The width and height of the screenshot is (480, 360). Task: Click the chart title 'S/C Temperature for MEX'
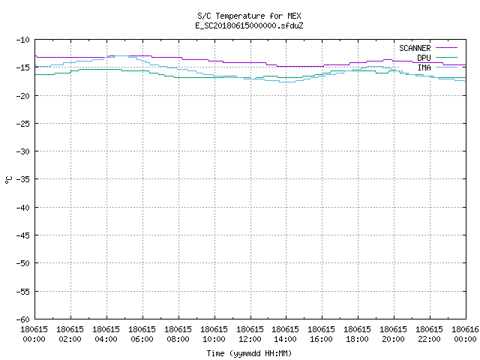tap(249, 16)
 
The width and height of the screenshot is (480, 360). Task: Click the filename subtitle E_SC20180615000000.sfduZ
tap(249, 25)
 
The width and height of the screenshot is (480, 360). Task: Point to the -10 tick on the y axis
tap(23, 40)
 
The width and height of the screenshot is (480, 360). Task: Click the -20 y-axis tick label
tap(23, 96)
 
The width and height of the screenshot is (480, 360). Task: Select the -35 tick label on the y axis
tap(23, 179)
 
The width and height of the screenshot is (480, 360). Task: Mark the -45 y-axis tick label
tap(23, 235)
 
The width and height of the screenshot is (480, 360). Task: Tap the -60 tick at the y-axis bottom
tap(23, 319)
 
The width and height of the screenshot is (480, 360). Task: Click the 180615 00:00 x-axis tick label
tap(34, 334)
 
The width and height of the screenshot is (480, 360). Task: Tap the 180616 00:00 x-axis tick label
tap(465, 334)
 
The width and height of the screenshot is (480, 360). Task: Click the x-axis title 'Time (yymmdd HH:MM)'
tap(249, 353)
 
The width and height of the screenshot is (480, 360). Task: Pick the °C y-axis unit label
tap(8, 180)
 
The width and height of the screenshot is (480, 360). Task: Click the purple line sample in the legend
tap(446, 48)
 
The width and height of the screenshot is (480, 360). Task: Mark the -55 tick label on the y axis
tap(23, 292)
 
